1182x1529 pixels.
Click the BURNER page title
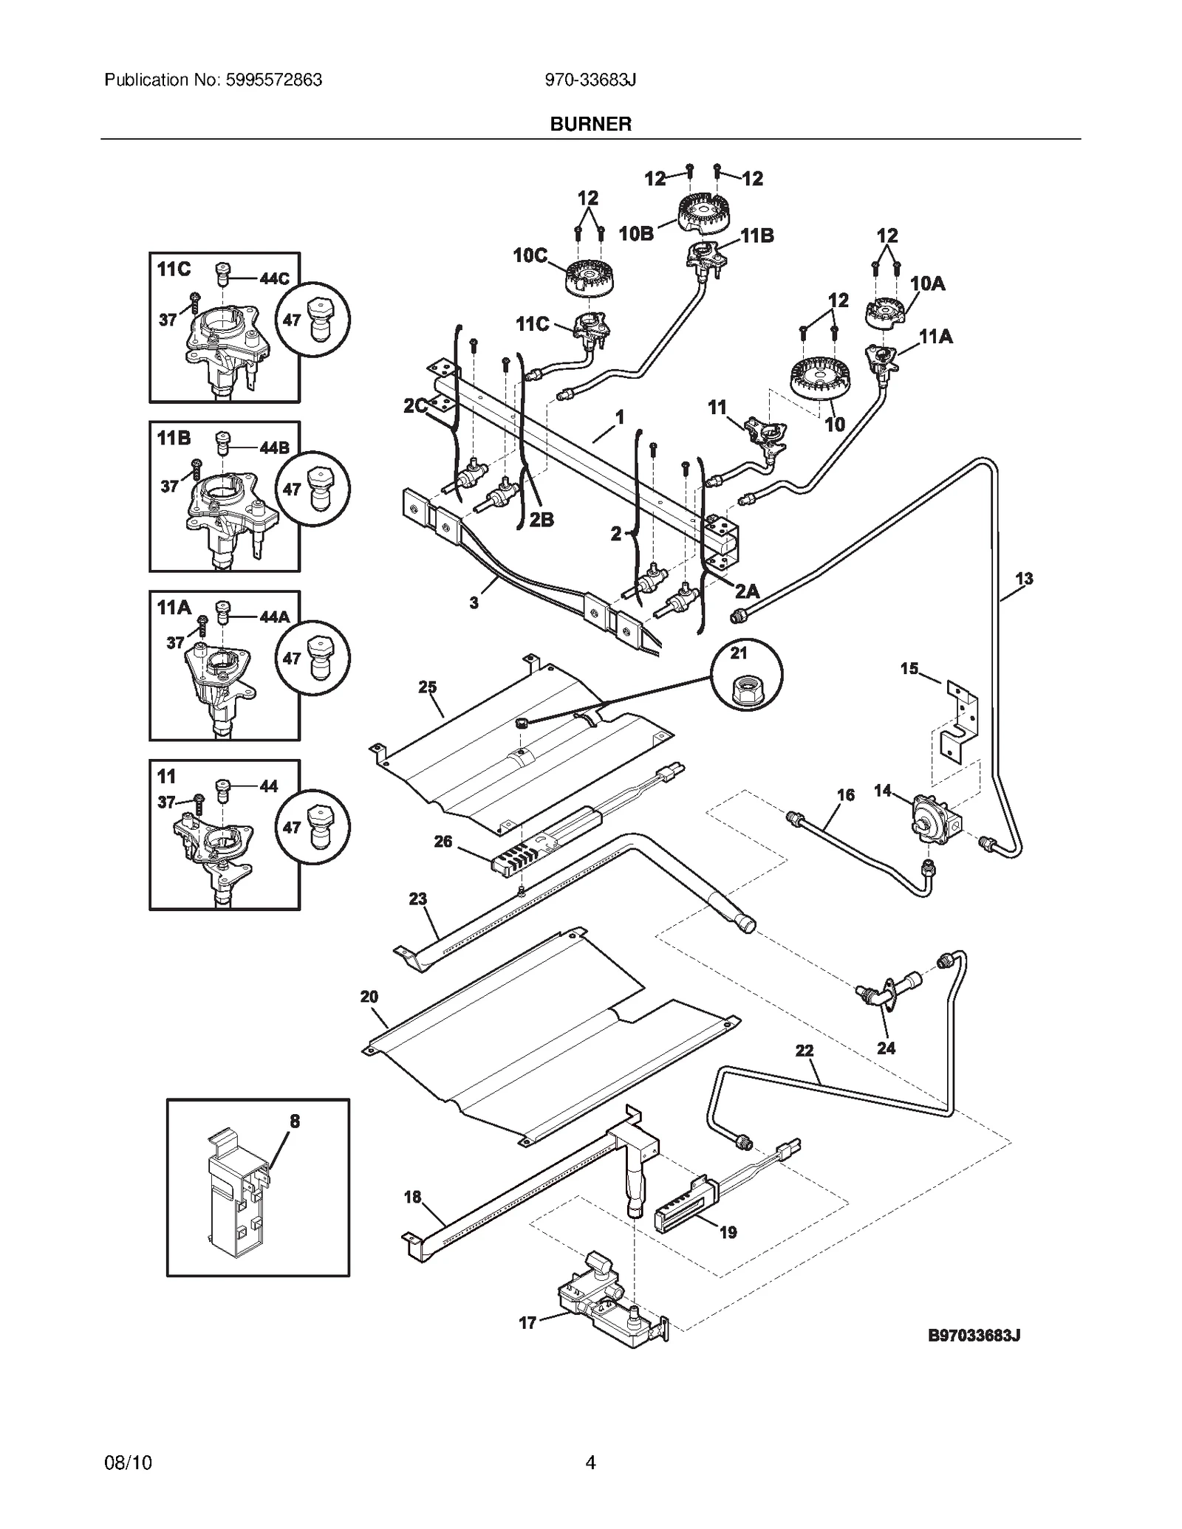point(590,124)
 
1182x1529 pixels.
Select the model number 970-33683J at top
point(590,80)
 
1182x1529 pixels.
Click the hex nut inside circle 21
point(745,690)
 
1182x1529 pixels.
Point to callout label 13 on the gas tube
point(1024,579)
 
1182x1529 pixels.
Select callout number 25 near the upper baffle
point(428,687)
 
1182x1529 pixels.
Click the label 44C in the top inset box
point(274,278)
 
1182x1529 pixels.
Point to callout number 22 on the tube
point(804,1050)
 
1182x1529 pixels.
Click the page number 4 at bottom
point(590,1462)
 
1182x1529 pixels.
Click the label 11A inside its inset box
point(174,608)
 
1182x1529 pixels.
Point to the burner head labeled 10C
point(591,279)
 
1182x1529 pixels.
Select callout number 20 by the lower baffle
point(369,997)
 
